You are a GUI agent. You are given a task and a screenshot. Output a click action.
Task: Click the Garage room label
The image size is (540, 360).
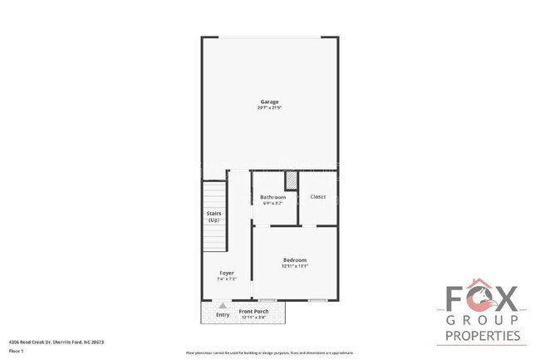269,101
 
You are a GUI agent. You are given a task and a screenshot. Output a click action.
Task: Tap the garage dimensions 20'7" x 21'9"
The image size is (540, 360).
269,108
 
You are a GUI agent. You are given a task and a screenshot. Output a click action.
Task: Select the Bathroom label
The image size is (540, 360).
272,197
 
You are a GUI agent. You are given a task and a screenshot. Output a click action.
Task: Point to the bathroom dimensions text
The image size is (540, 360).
272,203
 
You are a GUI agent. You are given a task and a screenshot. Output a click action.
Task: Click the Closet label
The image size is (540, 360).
317,197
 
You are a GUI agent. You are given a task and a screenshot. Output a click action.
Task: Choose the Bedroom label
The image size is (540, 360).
295,260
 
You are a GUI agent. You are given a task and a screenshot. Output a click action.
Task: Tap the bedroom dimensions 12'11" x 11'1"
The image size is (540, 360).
295,266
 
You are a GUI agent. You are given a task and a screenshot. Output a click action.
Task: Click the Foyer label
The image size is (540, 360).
226,273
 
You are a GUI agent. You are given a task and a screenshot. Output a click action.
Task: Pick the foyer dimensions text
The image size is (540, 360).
226,279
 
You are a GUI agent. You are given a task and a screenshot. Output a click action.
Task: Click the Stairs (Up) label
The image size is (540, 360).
214,216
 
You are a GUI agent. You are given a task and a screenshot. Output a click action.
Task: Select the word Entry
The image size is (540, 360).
223,314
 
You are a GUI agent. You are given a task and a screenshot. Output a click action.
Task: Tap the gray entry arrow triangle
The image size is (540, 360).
222,306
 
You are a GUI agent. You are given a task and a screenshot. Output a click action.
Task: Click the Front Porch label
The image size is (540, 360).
253,312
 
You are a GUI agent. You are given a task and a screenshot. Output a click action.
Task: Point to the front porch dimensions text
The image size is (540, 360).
253,318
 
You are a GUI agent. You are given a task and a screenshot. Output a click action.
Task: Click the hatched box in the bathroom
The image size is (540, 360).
291,180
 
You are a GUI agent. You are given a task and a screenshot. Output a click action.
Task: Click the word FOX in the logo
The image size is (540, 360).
483,300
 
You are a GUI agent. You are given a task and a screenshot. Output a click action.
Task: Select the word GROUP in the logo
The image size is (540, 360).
483,320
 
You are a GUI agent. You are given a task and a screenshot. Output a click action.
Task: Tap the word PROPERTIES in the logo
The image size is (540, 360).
483,336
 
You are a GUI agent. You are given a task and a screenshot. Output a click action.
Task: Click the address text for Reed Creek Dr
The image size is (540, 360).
56,342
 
